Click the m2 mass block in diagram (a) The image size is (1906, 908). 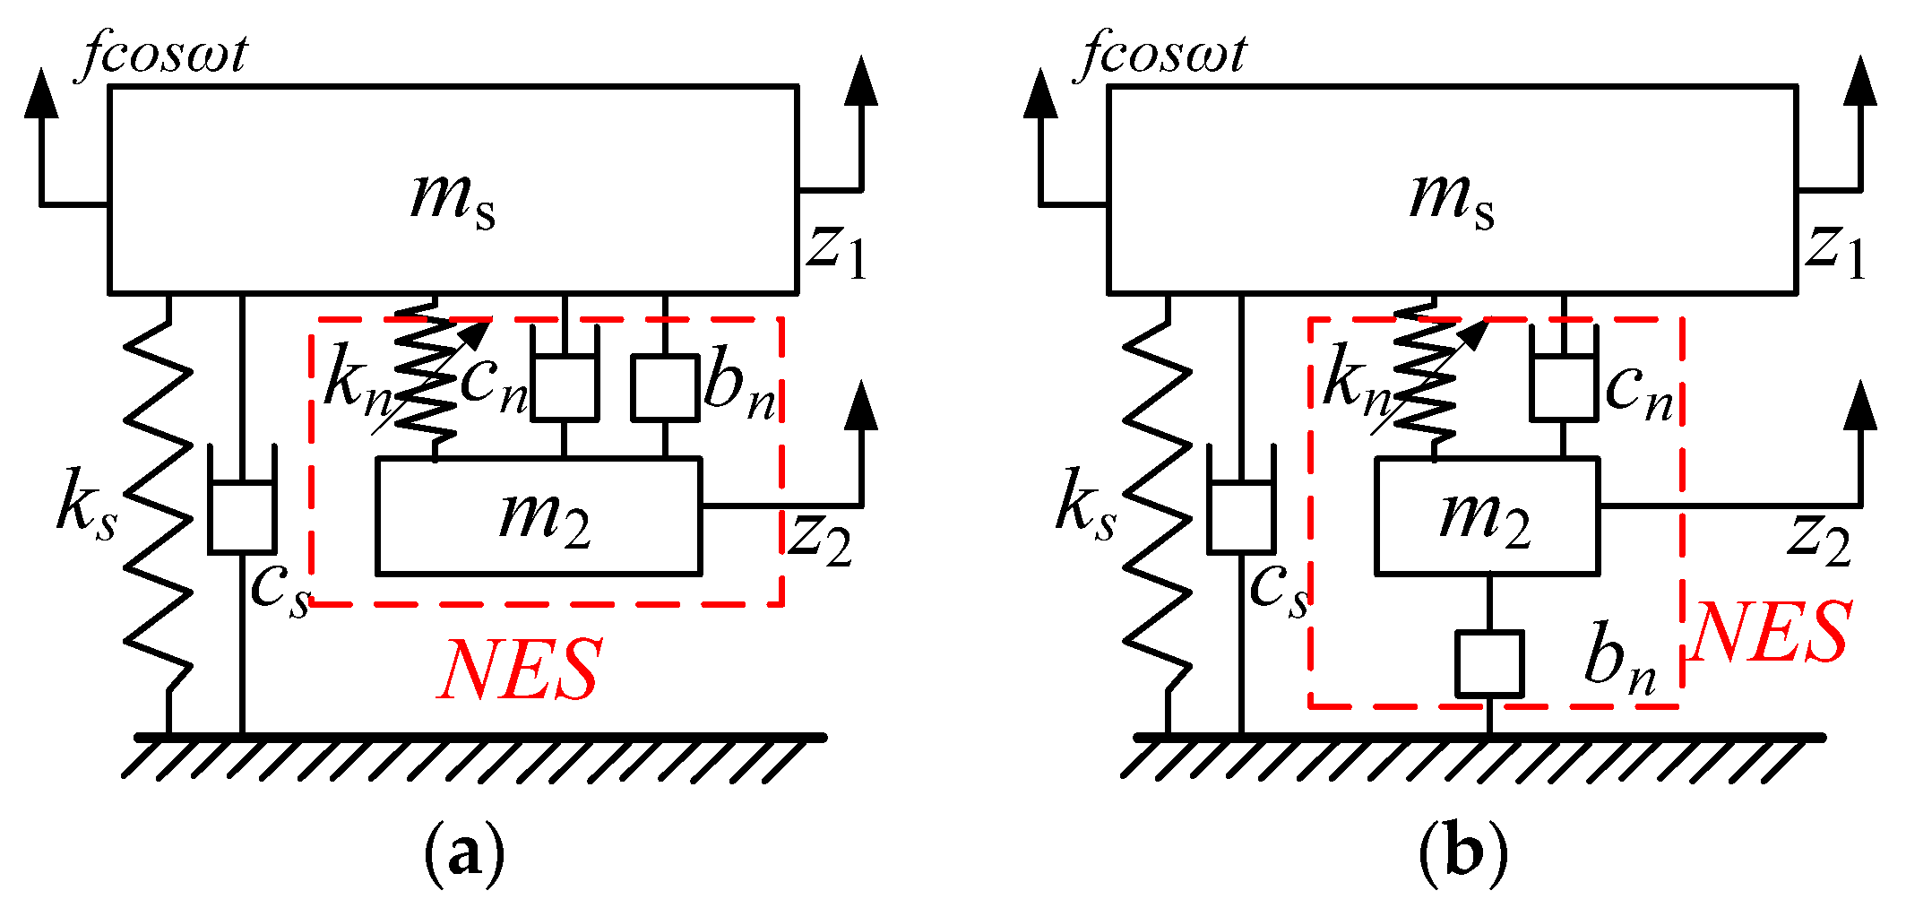[x=538, y=516]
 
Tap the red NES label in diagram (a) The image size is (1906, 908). [x=520, y=670]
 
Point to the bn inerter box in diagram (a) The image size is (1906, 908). [x=664, y=387]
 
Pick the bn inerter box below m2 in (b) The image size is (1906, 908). [x=1488, y=664]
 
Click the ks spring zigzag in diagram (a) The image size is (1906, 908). [x=160, y=502]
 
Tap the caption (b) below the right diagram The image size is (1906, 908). [x=1462, y=852]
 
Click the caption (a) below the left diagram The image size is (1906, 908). [x=463, y=852]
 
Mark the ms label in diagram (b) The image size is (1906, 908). [x=1452, y=199]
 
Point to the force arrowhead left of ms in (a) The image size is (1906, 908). [x=41, y=94]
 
